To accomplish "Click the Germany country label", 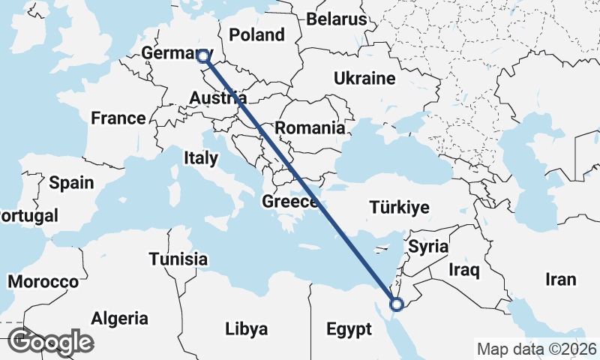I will pyautogui.click(x=168, y=54).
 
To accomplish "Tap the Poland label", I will pyautogui.click(x=257, y=34).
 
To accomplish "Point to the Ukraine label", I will pyautogui.click(x=364, y=78).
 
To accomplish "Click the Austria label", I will pyautogui.click(x=217, y=98).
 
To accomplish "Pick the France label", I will pyautogui.click(x=118, y=118).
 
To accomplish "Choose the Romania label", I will pyautogui.click(x=309, y=127).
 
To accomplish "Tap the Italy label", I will pyautogui.click(x=200, y=158).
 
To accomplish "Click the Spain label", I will pyautogui.click(x=71, y=182).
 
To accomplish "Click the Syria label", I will pyautogui.click(x=427, y=246).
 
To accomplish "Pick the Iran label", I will pyautogui.click(x=561, y=280).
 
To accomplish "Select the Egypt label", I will pyautogui.click(x=349, y=329).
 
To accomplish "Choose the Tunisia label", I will pyautogui.click(x=178, y=259).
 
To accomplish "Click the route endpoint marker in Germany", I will pyautogui.click(x=202, y=55).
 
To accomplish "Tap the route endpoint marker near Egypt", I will pyautogui.click(x=397, y=304).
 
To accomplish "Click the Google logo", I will pyautogui.click(x=50, y=342).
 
